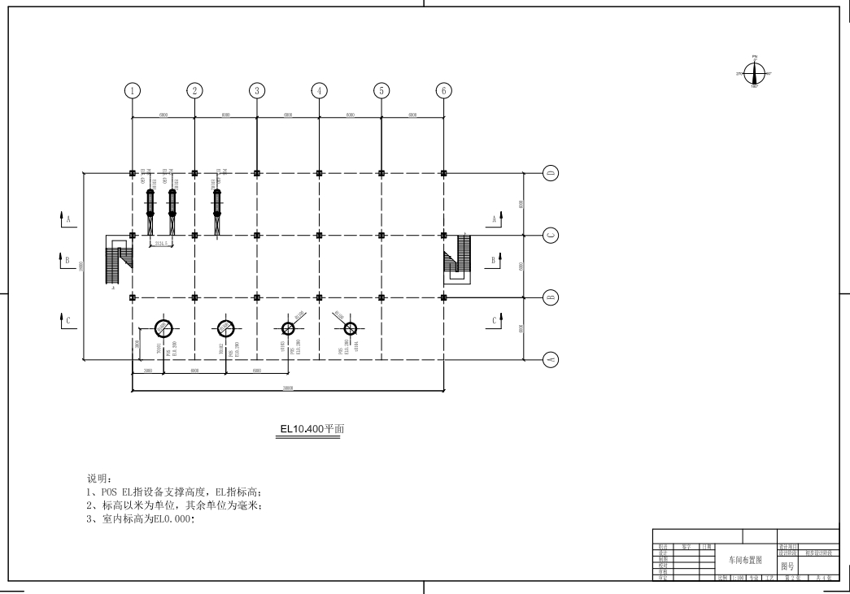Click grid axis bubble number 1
[133, 90]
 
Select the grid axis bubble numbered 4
[320, 90]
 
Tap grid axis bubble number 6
[443, 90]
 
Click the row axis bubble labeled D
[551, 173]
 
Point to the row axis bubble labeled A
[551, 358]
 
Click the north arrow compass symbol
[755, 73]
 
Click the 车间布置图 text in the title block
[745, 560]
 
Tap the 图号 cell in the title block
[787, 566]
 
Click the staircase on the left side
[117, 260]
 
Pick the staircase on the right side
[458, 258]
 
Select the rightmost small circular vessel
[350, 328]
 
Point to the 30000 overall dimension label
[288, 388]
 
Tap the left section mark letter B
[68, 261]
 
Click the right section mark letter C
[494, 321]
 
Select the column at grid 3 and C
[257, 236]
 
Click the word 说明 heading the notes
[98, 479]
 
